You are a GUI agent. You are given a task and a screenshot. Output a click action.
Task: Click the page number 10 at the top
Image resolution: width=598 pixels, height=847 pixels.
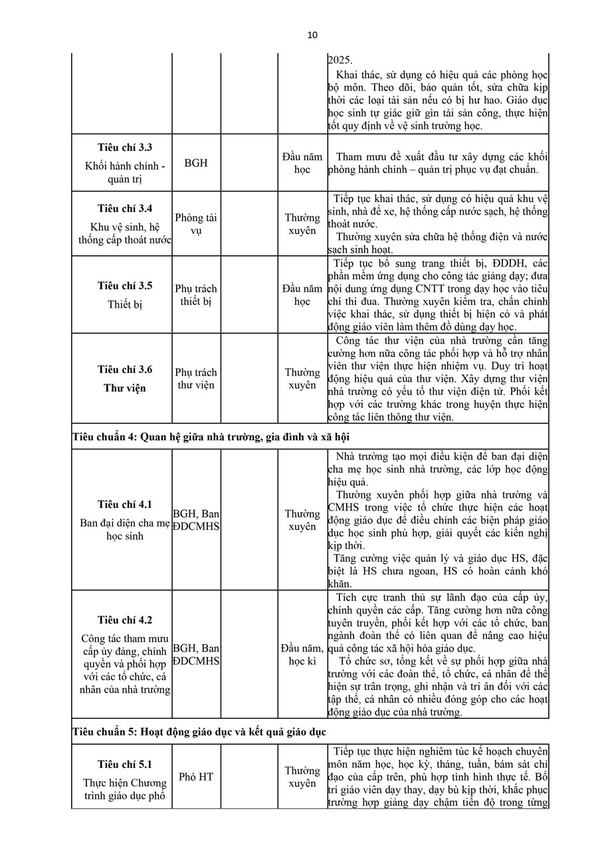[313, 35]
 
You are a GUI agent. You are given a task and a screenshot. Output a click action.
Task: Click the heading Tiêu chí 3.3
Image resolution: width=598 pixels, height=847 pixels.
[125, 148]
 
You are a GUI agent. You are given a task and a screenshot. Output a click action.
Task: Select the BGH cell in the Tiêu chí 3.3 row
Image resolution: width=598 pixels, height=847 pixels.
[196, 163]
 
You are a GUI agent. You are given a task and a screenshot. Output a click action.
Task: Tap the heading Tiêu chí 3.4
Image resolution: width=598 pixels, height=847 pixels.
[125, 208]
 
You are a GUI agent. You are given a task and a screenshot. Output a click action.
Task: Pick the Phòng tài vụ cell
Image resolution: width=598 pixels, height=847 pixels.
[196, 224]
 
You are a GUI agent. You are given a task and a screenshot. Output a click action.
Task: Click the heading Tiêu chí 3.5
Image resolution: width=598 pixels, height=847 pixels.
[125, 286]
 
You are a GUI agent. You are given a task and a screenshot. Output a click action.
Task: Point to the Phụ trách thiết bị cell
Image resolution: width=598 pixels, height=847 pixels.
[196, 295]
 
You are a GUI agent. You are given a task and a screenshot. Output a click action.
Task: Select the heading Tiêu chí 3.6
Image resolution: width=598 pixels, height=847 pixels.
[125, 370]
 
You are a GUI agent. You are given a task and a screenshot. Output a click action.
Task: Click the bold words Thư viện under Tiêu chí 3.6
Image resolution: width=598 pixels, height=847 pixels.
[125, 388]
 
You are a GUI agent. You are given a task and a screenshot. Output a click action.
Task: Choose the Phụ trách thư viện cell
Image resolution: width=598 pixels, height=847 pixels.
[196, 379]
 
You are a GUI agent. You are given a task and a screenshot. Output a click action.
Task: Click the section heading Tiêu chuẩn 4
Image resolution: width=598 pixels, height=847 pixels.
[211, 437]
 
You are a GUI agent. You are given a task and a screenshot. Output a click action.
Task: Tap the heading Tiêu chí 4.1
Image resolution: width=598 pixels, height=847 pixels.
[125, 504]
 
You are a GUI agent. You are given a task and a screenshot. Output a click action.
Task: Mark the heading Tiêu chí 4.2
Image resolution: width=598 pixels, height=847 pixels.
[125, 620]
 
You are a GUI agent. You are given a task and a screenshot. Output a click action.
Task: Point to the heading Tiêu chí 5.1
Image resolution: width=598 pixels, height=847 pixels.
[125, 764]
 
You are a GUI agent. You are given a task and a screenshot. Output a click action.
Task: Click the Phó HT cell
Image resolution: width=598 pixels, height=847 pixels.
[196, 777]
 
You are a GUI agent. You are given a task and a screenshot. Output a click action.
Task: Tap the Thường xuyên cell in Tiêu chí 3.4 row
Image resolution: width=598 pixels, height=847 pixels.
[302, 224]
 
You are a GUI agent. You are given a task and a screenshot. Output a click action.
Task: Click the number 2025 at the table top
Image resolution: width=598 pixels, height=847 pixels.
[340, 60]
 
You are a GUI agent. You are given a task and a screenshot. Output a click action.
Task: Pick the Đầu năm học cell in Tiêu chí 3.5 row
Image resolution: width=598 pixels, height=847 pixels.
[302, 295]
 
